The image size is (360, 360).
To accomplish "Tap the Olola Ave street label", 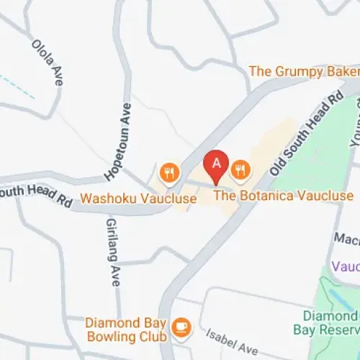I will pyautogui.click(x=48, y=62).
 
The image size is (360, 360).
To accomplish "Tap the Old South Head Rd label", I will pyautogui.click(x=306, y=133).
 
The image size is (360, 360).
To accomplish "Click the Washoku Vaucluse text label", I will pyautogui.click(x=138, y=197).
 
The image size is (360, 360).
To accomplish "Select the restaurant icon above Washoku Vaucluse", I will pyautogui.click(x=169, y=172).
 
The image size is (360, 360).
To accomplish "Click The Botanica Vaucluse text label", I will pyautogui.click(x=284, y=195).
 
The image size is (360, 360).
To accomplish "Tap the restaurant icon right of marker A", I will pyautogui.click(x=240, y=171).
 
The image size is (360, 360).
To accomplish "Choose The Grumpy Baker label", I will pyautogui.click(x=303, y=71).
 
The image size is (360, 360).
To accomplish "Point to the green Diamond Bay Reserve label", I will pyautogui.click(x=329, y=323).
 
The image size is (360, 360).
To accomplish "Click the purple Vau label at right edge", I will pyautogui.click(x=345, y=266).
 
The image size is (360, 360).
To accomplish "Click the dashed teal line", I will pyautogui.click(x=18, y=86).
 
